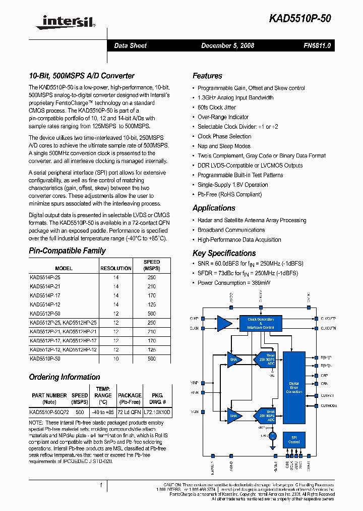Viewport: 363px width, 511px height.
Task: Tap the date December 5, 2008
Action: point(227,45)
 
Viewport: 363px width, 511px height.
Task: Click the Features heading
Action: point(207,76)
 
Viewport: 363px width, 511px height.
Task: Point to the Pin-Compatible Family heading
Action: point(67,250)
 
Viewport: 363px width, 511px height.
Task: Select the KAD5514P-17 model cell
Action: point(45,295)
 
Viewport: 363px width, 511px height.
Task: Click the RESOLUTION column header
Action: point(115,269)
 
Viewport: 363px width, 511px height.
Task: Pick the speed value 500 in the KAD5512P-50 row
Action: point(152,314)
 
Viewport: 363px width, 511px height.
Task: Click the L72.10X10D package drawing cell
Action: point(158,412)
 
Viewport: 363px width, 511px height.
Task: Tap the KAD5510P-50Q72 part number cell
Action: point(49,412)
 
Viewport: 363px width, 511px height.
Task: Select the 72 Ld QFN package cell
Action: point(130,412)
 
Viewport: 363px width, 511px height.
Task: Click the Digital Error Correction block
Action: point(294,388)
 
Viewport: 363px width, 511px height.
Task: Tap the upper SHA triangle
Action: point(234,360)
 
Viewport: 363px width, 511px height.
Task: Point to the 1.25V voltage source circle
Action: point(273,435)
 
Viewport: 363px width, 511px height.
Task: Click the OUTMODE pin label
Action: point(329,405)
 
